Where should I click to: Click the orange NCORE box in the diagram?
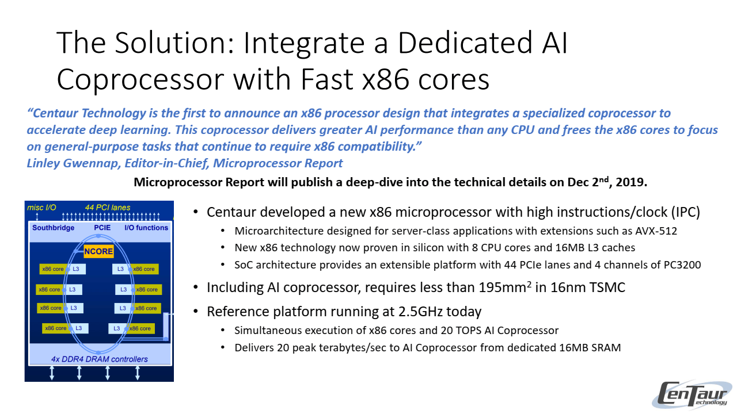point(98,252)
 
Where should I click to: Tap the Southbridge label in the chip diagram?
point(53,228)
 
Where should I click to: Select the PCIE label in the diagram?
point(102,228)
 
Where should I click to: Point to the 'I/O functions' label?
point(146,228)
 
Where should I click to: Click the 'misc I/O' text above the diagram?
point(41,208)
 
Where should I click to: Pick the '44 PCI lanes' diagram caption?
point(108,208)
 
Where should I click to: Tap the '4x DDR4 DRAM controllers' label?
point(99,359)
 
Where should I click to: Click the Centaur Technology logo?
point(695,395)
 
